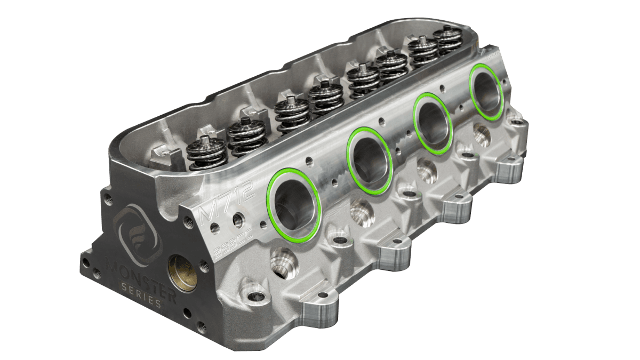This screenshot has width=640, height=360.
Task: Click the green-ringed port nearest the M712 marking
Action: coord(294,204)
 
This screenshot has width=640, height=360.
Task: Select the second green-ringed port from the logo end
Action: coord(369,161)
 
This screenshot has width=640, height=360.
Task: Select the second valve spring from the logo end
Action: coord(246,137)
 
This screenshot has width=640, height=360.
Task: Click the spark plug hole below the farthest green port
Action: coord(482,136)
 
